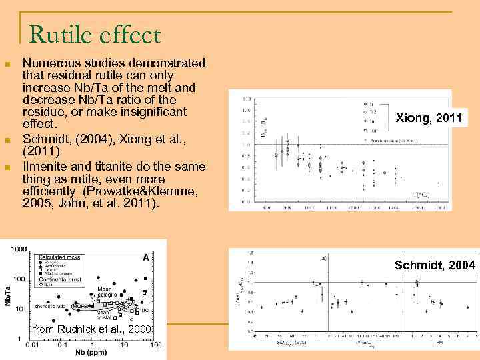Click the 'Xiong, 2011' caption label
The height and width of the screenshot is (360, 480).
(425, 118)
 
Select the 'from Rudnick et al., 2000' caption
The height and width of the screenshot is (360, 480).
(93, 329)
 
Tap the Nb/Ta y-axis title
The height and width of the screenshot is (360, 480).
(9, 295)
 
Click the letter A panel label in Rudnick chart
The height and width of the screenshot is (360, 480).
(145, 257)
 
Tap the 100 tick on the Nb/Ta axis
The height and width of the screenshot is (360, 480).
(20, 279)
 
